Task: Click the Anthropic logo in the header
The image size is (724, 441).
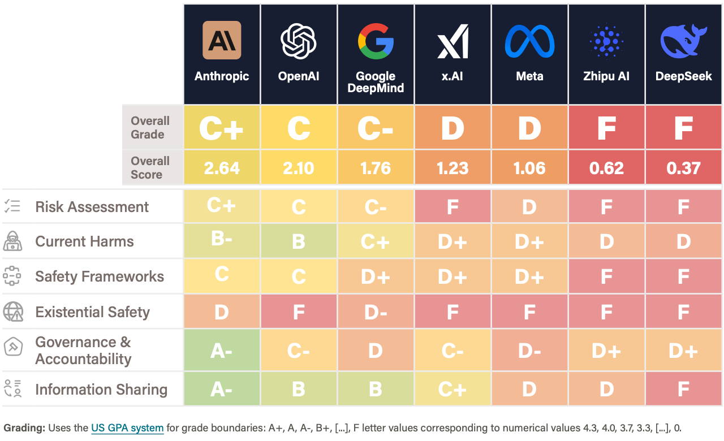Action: click(222, 40)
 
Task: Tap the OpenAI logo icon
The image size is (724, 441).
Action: click(299, 41)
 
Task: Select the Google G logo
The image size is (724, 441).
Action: click(376, 41)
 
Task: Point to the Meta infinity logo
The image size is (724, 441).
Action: click(529, 41)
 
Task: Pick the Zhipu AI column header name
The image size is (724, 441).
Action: click(606, 76)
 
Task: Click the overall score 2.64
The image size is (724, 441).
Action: click(222, 168)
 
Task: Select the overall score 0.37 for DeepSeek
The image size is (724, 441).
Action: click(683, 168)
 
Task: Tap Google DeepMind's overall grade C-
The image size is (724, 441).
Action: click(376, 129)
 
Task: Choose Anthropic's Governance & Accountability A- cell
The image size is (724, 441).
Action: click(222, 351)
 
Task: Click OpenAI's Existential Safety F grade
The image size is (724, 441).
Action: click(299, 312)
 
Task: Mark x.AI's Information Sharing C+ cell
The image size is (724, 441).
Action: click(453, 390)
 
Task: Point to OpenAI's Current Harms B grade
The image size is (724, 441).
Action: click(299, 241)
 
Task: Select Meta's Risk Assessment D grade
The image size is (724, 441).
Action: click(529, 207)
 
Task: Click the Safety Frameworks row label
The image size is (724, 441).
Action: click(100, 276)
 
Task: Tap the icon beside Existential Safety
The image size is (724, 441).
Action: click(12, 312)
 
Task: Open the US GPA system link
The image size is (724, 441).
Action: click(127, 428)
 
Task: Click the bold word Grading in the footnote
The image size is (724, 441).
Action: click(24, 428)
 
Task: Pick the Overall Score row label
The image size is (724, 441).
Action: click(150, 168)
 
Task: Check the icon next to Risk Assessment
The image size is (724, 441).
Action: click(12, 206)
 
